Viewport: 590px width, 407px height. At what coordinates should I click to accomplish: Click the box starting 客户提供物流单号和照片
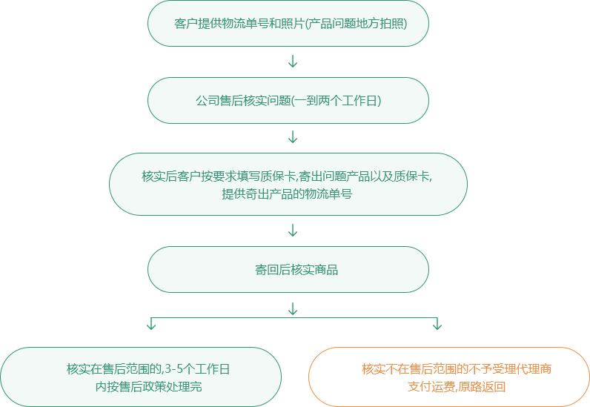point(288,23)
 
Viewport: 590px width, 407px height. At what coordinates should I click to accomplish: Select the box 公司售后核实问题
point(288,101)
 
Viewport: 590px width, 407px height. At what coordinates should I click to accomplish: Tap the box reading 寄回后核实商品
point(288,270)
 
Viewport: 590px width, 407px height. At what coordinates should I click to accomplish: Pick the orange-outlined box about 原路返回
point(449,377)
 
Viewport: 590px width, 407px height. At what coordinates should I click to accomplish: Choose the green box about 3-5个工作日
point(141,377)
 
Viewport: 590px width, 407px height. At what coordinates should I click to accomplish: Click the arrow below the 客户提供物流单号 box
point(293,61)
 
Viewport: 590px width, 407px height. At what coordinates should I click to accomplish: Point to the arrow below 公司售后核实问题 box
point(293,137)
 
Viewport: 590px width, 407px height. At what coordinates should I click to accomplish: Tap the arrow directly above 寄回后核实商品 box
point(293,230)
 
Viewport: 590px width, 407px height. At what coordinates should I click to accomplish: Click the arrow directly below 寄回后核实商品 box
point(293,308)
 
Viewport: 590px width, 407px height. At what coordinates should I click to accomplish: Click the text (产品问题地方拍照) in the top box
point(356,24)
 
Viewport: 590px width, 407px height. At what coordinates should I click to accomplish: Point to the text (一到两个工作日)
point(337,101)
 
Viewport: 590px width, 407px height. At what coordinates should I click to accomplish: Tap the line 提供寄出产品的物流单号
point(287,194)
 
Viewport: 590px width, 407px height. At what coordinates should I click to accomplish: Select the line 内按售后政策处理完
point(149,387)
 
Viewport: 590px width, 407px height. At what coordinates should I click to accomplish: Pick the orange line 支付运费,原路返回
point(457,387)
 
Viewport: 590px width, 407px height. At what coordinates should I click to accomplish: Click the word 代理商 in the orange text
point(533,368)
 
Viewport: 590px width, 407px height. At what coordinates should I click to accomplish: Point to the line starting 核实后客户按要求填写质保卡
point(287,176)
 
